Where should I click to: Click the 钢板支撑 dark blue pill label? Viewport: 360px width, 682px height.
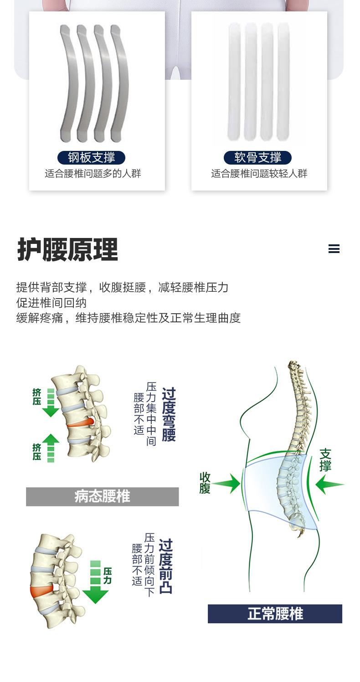click(x=91, y=157)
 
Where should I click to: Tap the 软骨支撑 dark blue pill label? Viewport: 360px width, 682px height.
click(x=257, y=157)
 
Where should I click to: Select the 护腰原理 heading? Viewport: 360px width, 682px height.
click(x=67, y=249)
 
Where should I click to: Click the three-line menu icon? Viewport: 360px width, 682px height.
click(x=334, y=249)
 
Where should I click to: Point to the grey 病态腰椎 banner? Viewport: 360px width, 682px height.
click(x=102, y=496)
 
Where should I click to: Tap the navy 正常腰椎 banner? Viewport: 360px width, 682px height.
click(x=275, y=614)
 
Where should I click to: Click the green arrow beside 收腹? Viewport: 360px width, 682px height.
click(x=227, y=483)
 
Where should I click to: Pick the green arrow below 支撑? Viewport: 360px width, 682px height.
click(x=329, y=485)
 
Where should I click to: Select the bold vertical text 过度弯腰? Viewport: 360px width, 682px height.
click(x=169, y=414)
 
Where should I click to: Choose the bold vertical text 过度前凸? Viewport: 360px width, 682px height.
click(x=166, y=566)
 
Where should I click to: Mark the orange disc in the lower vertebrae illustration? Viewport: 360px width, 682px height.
click(x=41, y=591)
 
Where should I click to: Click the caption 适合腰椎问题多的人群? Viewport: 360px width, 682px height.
click(x=93, y=174)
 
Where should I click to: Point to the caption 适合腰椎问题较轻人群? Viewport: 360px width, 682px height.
click(x=259, y=174)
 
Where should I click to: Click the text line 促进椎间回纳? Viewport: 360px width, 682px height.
click(x=51, y=303)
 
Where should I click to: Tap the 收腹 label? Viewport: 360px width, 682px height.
click(x=205, y=483)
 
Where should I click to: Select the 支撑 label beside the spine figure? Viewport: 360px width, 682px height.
click(x=325, y=460)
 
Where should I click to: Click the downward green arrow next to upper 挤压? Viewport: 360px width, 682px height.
click(x=51, y=403)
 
